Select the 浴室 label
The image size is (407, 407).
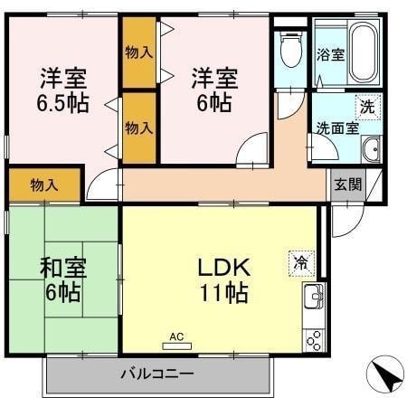tap(331, 55)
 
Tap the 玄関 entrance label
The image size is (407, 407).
tap(347, 185)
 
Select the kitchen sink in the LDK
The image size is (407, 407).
tap(313, 296)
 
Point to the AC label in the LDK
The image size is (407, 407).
tap(176, 337)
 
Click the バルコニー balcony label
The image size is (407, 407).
tap(156, 374)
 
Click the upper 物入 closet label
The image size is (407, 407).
tap(138, 53)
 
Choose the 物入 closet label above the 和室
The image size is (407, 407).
tap(44, 185)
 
